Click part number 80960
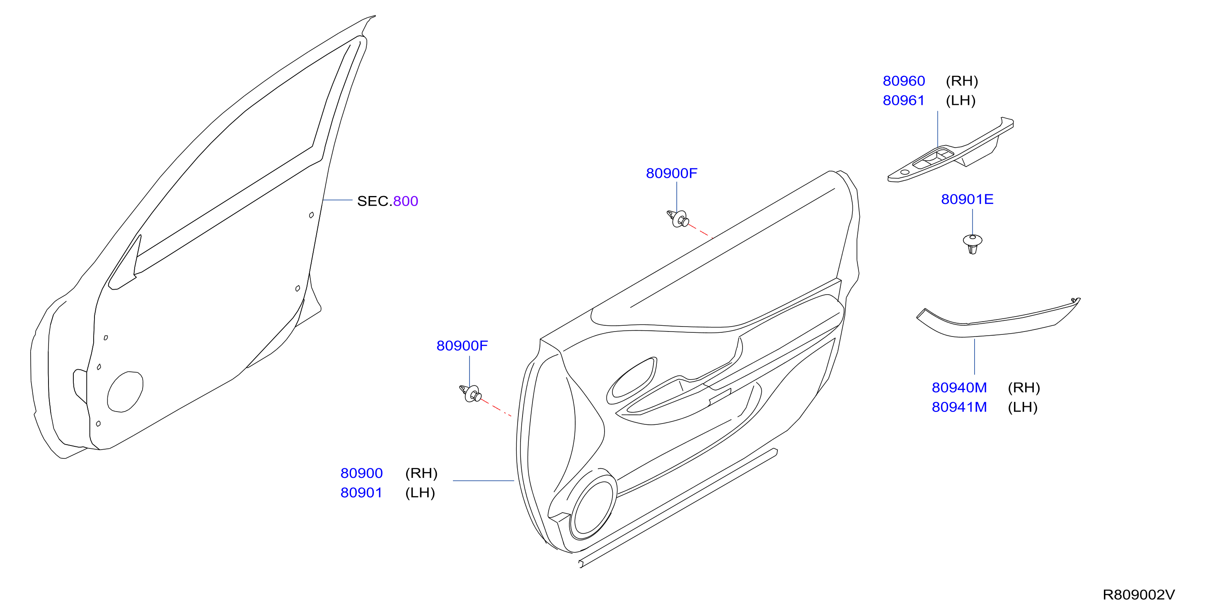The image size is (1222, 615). [x=903, y=81]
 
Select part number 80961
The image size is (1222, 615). [x=903, y=101]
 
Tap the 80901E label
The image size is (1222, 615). [x=967, y=199]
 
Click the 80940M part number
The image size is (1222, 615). [x=959, y=388]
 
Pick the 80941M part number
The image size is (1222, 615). [x=959, y=407]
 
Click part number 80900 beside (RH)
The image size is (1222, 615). [x=361, y=473]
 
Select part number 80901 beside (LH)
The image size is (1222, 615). [x=361, y=493]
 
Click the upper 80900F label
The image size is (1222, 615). [x=671, y=173]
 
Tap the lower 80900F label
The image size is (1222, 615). [x=462, y=346]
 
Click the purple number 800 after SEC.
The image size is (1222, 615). [x=406, y=201]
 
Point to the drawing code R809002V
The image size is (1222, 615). [x=1139, y=595]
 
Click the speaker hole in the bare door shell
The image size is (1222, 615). [x=125, y=392]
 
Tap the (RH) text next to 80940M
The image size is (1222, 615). [x=1024, y=388]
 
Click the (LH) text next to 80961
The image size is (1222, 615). [x=960, y=101]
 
